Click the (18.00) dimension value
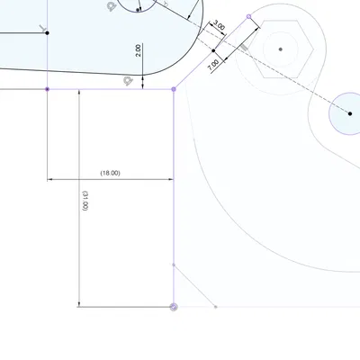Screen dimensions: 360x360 pos(111,172)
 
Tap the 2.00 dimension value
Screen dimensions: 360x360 pos(138,50)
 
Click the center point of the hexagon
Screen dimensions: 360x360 pos(281,49)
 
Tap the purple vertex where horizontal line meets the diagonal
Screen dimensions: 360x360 pos(174,89)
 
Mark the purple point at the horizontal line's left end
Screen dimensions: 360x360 pos(48,89)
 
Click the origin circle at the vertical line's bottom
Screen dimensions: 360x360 pos(174,307)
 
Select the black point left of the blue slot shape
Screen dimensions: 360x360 pos(48,33)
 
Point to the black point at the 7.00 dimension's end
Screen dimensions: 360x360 pos(213,50)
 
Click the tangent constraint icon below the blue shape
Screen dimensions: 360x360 pos(128,81)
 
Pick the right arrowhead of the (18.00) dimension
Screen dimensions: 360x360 pos(170,178)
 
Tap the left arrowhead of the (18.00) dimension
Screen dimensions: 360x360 pos(51,178)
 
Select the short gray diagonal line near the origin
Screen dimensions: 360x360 pos(194,286)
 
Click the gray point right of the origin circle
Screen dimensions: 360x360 pos(216,307)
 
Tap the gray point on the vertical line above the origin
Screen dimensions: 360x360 pos(174,265)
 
